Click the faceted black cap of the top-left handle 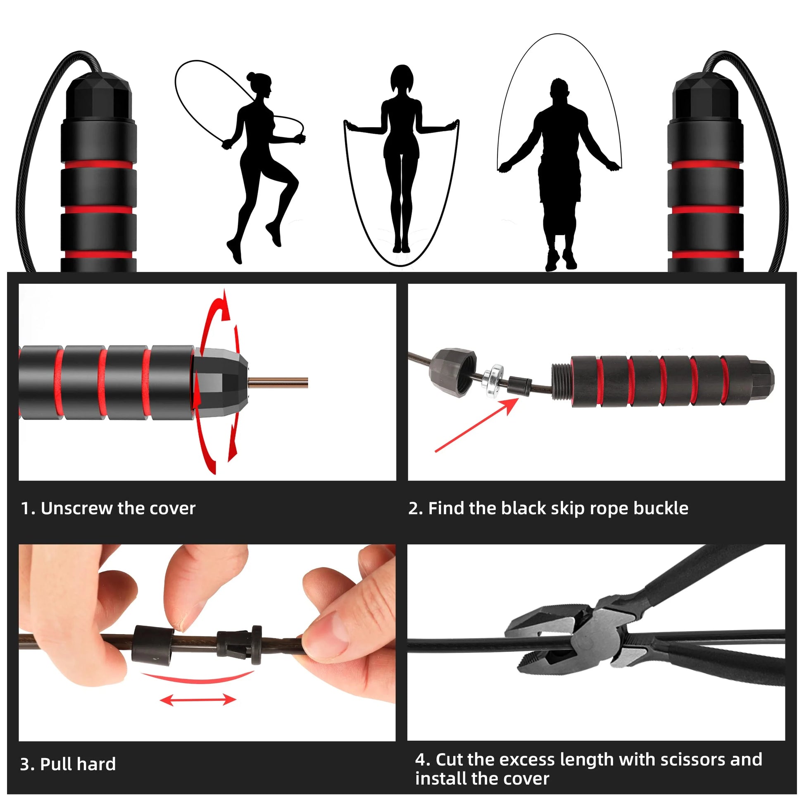point(99,98)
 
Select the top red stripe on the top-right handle point(705,164)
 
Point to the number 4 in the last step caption point(420,759)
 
